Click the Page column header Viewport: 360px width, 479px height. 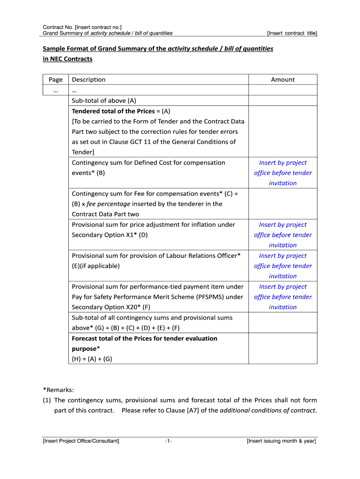click(x=56, y=80)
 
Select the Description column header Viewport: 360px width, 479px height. click(x=89, y=80)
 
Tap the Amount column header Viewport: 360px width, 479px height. click(x=282, y=80)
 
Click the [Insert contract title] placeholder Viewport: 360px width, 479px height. click(x=292, y=33)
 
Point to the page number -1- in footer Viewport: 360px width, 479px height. click(x=168, y=441)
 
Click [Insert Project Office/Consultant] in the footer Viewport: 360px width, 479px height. click(x=81, y=441)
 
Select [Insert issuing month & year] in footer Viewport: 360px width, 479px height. click(x=281, y=441)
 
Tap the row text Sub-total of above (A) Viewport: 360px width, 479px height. click(x=104, y=101)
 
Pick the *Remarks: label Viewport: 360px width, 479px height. click(x=58, y=390)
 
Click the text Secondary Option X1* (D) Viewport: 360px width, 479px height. click(x=109, y=235)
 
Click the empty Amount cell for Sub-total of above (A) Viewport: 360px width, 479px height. click(x=282, y=101)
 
